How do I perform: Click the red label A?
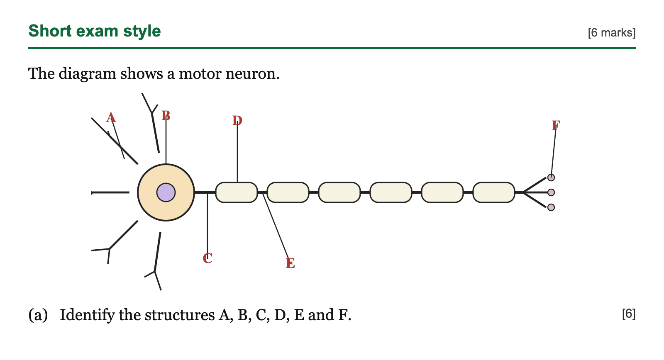coord(111,118)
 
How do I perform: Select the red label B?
coord(166,116)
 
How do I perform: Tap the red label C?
coord(207,258)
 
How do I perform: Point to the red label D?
coord(237,121)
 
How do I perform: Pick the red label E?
coord(290,263)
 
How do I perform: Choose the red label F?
coord(556,126)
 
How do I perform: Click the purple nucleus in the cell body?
coord(166,192)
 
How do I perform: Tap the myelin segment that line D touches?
coord(237,192)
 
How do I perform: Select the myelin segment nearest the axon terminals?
coord(494,192)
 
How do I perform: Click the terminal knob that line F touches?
coord(551,178)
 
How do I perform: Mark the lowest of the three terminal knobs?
coord(551,207)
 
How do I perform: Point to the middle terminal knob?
coord(551,192)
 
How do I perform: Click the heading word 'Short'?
coord(50,31)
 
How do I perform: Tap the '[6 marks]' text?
coord(612,33)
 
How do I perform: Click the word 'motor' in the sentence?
coord(200,73)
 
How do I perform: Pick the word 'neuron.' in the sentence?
coord(253,74)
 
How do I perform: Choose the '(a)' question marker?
coord(38,315)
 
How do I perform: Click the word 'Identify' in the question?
coord(87,315)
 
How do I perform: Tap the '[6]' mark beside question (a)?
coord(629,314)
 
